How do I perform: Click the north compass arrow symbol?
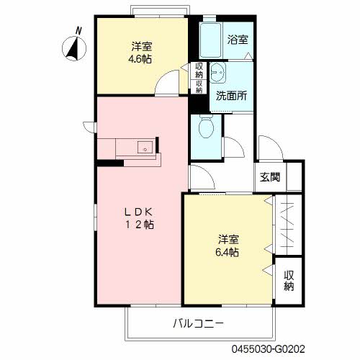72,48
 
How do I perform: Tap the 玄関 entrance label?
270,177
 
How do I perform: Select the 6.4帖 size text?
226,252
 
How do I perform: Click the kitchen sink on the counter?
146,149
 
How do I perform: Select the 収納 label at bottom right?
288,281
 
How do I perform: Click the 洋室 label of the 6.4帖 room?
226,239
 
